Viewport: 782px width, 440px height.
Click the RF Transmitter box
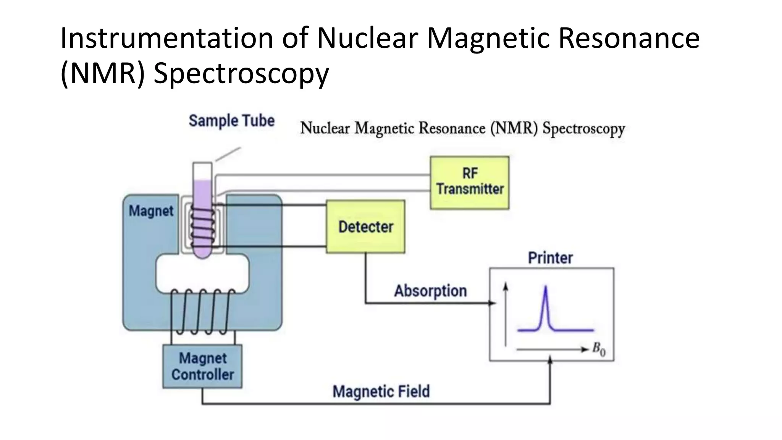pos(469,182)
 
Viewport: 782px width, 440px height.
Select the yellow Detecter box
pos(365,226)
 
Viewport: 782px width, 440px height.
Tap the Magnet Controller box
pos(202,366)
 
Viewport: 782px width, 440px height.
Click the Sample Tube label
pos(231,121)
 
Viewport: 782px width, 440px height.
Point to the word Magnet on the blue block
pos(151,211)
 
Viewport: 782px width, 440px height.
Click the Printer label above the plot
pos(550,258)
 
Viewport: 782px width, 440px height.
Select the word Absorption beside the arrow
pos(430,291)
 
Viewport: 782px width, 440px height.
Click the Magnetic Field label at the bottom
pos(381,391)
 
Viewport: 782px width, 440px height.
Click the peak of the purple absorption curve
pos(545,287)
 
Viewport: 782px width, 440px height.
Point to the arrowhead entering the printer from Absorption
pos(492,303)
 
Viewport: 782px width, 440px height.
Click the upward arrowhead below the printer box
pos(550,360)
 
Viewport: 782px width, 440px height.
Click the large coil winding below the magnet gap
pos(202,311)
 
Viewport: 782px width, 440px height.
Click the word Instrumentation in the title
pos(166,38)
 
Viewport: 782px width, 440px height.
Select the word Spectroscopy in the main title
pos(241,73)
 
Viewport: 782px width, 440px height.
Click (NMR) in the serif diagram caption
pos(514,128)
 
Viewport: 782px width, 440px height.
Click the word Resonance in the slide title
pos(629,38)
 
